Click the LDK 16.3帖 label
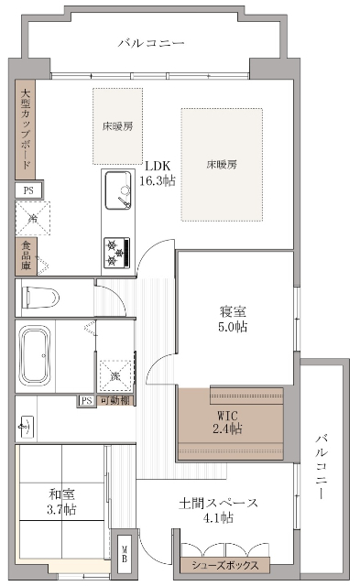point(158,174)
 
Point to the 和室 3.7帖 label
point(62,502)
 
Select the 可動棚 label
point(114,401)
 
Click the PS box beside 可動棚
point(86,401)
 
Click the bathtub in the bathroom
point(36,355)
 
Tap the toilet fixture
point(42,298)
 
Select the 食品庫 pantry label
point(25,257)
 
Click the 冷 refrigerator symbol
point(32,218)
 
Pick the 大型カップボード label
point(26,130)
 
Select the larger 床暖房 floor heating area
point(222,165)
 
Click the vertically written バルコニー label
point(322,467)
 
